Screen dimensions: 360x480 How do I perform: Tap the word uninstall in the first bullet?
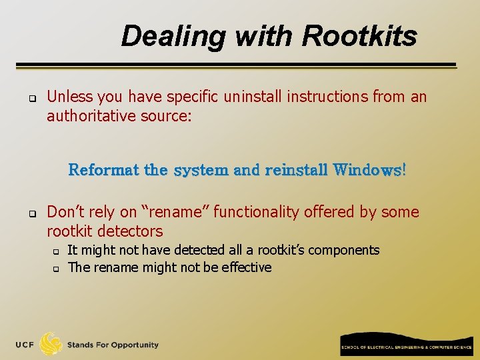253,97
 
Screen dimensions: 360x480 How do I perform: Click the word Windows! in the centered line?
369,170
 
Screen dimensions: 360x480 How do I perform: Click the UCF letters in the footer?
25,345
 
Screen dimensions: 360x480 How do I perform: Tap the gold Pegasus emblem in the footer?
51,344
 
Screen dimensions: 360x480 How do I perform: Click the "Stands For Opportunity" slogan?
113,345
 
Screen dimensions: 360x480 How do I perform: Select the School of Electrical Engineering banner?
407,344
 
